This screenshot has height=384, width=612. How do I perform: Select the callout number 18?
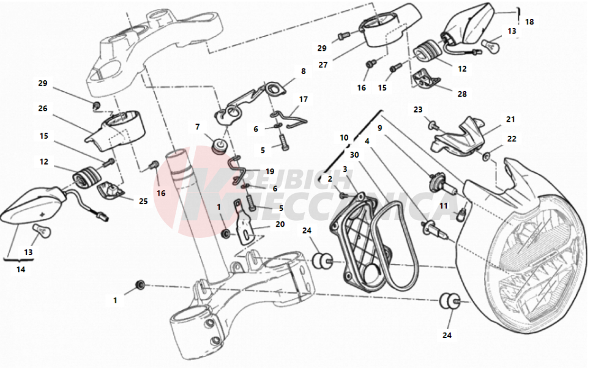(x=529, y=21)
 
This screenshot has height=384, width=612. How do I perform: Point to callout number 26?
(x=42, y=109)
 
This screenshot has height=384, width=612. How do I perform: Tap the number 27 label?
(x=323, y=64)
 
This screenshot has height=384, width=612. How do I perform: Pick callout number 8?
(x=303, y=71)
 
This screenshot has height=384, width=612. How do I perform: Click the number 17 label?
(x=304, y=99)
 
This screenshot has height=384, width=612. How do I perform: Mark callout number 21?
(x=510, y=119)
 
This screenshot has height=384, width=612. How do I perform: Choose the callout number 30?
(x=355, y=155)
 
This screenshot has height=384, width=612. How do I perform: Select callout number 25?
(x=144, y=201)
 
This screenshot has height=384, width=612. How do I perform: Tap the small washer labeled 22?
(x=487, y=158)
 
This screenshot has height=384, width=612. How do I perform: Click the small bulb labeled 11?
(x=462, y=213)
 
